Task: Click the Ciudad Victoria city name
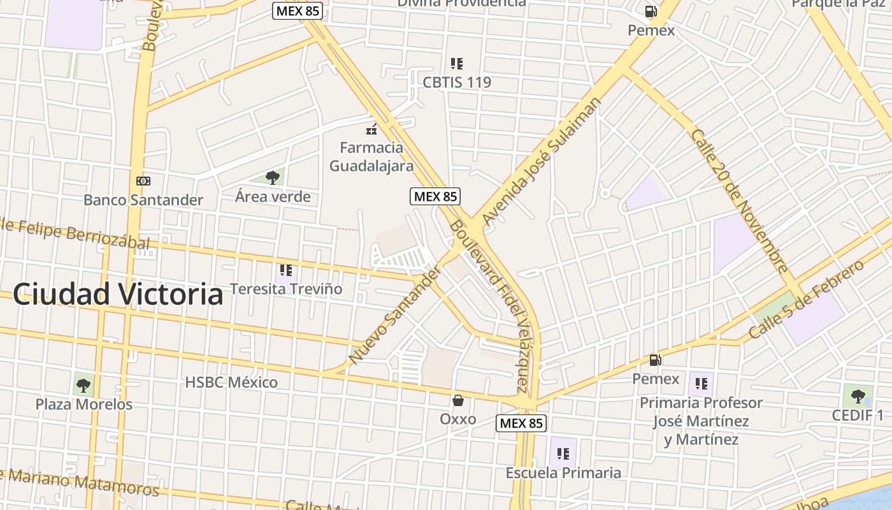(x=118, y=295)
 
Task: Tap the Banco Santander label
(x=143, y=200)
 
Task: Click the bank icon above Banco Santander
(x=143, y=181)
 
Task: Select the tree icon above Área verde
(x=273, y=177)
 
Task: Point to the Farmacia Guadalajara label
(x=371, y=157)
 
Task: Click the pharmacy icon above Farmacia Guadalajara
(x=371, y=129)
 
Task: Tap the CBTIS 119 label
(x=457, y=82)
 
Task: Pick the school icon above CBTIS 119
(x=456, y=64)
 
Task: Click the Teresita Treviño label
(x=286, y=289)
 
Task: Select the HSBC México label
(x=231, y=382)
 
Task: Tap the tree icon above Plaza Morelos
(x=83, y=385)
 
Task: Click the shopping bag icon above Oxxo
(x=457, y=400)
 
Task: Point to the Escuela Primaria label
(x=563, y=473)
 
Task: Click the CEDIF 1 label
(x=858, y=416)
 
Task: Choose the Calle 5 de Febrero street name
(x=806, y=300)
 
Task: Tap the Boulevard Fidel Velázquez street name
(x=489, y=306)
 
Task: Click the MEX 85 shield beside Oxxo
(x=521, y=423)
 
